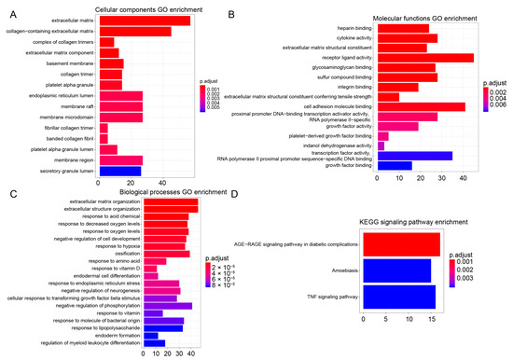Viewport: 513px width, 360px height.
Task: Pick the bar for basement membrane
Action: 110,63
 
